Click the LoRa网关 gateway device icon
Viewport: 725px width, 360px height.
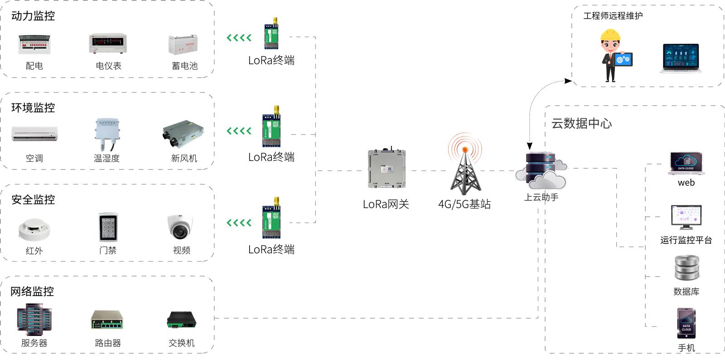(x=387, y=169)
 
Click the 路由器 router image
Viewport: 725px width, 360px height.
(x=107, y=320)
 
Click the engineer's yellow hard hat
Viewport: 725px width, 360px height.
(x=610, y=35)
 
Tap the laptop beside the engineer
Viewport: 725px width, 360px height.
(x=681, y=58)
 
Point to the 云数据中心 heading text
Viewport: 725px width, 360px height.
(x=581, y=123)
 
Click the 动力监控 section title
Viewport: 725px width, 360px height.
(x=33, y=16)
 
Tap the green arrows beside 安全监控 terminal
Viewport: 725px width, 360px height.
(x=239, y=223)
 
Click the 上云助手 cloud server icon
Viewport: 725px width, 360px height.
(x=541, y=171)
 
